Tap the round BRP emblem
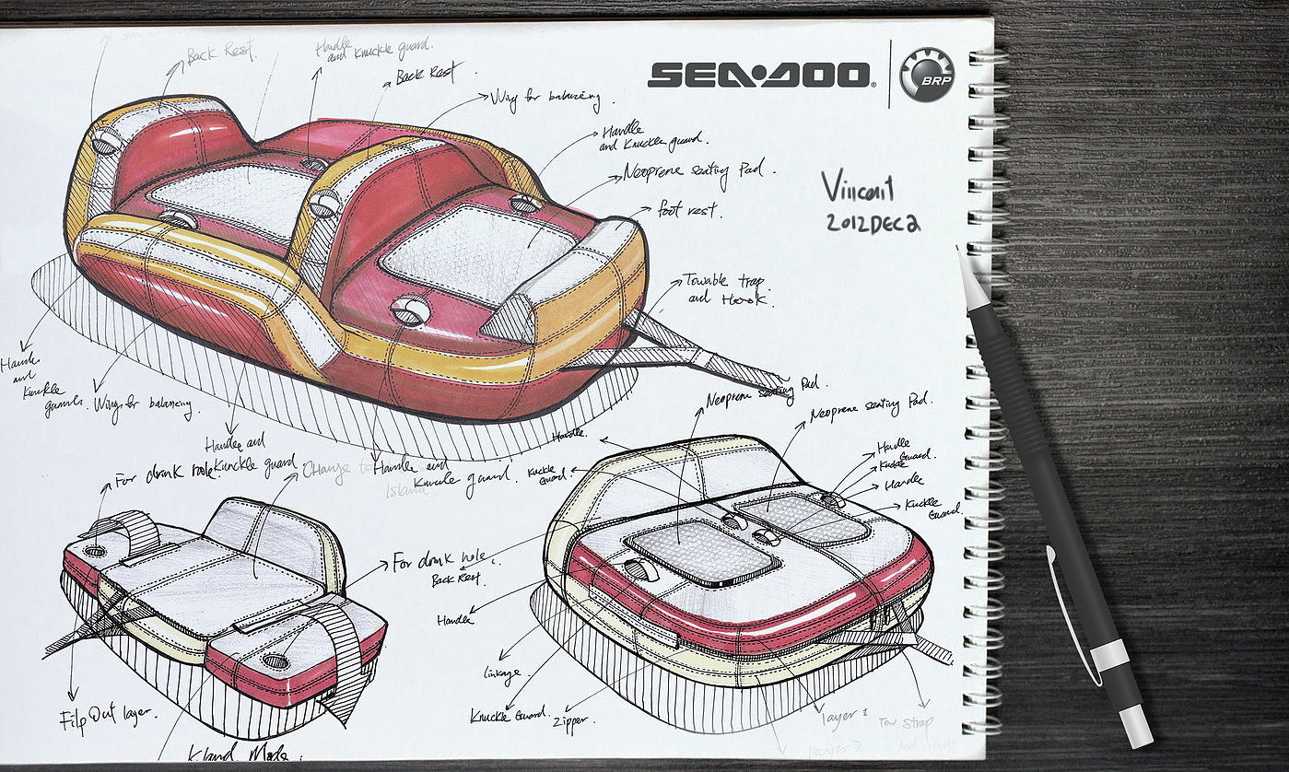[x=926, y=75]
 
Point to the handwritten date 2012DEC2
[x=871, y=223]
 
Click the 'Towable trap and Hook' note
[x=728, y=288]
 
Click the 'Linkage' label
[x=501, y=672]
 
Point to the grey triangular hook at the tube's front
[x=510, y=320]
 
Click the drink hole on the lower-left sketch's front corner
[x=275, y=661]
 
